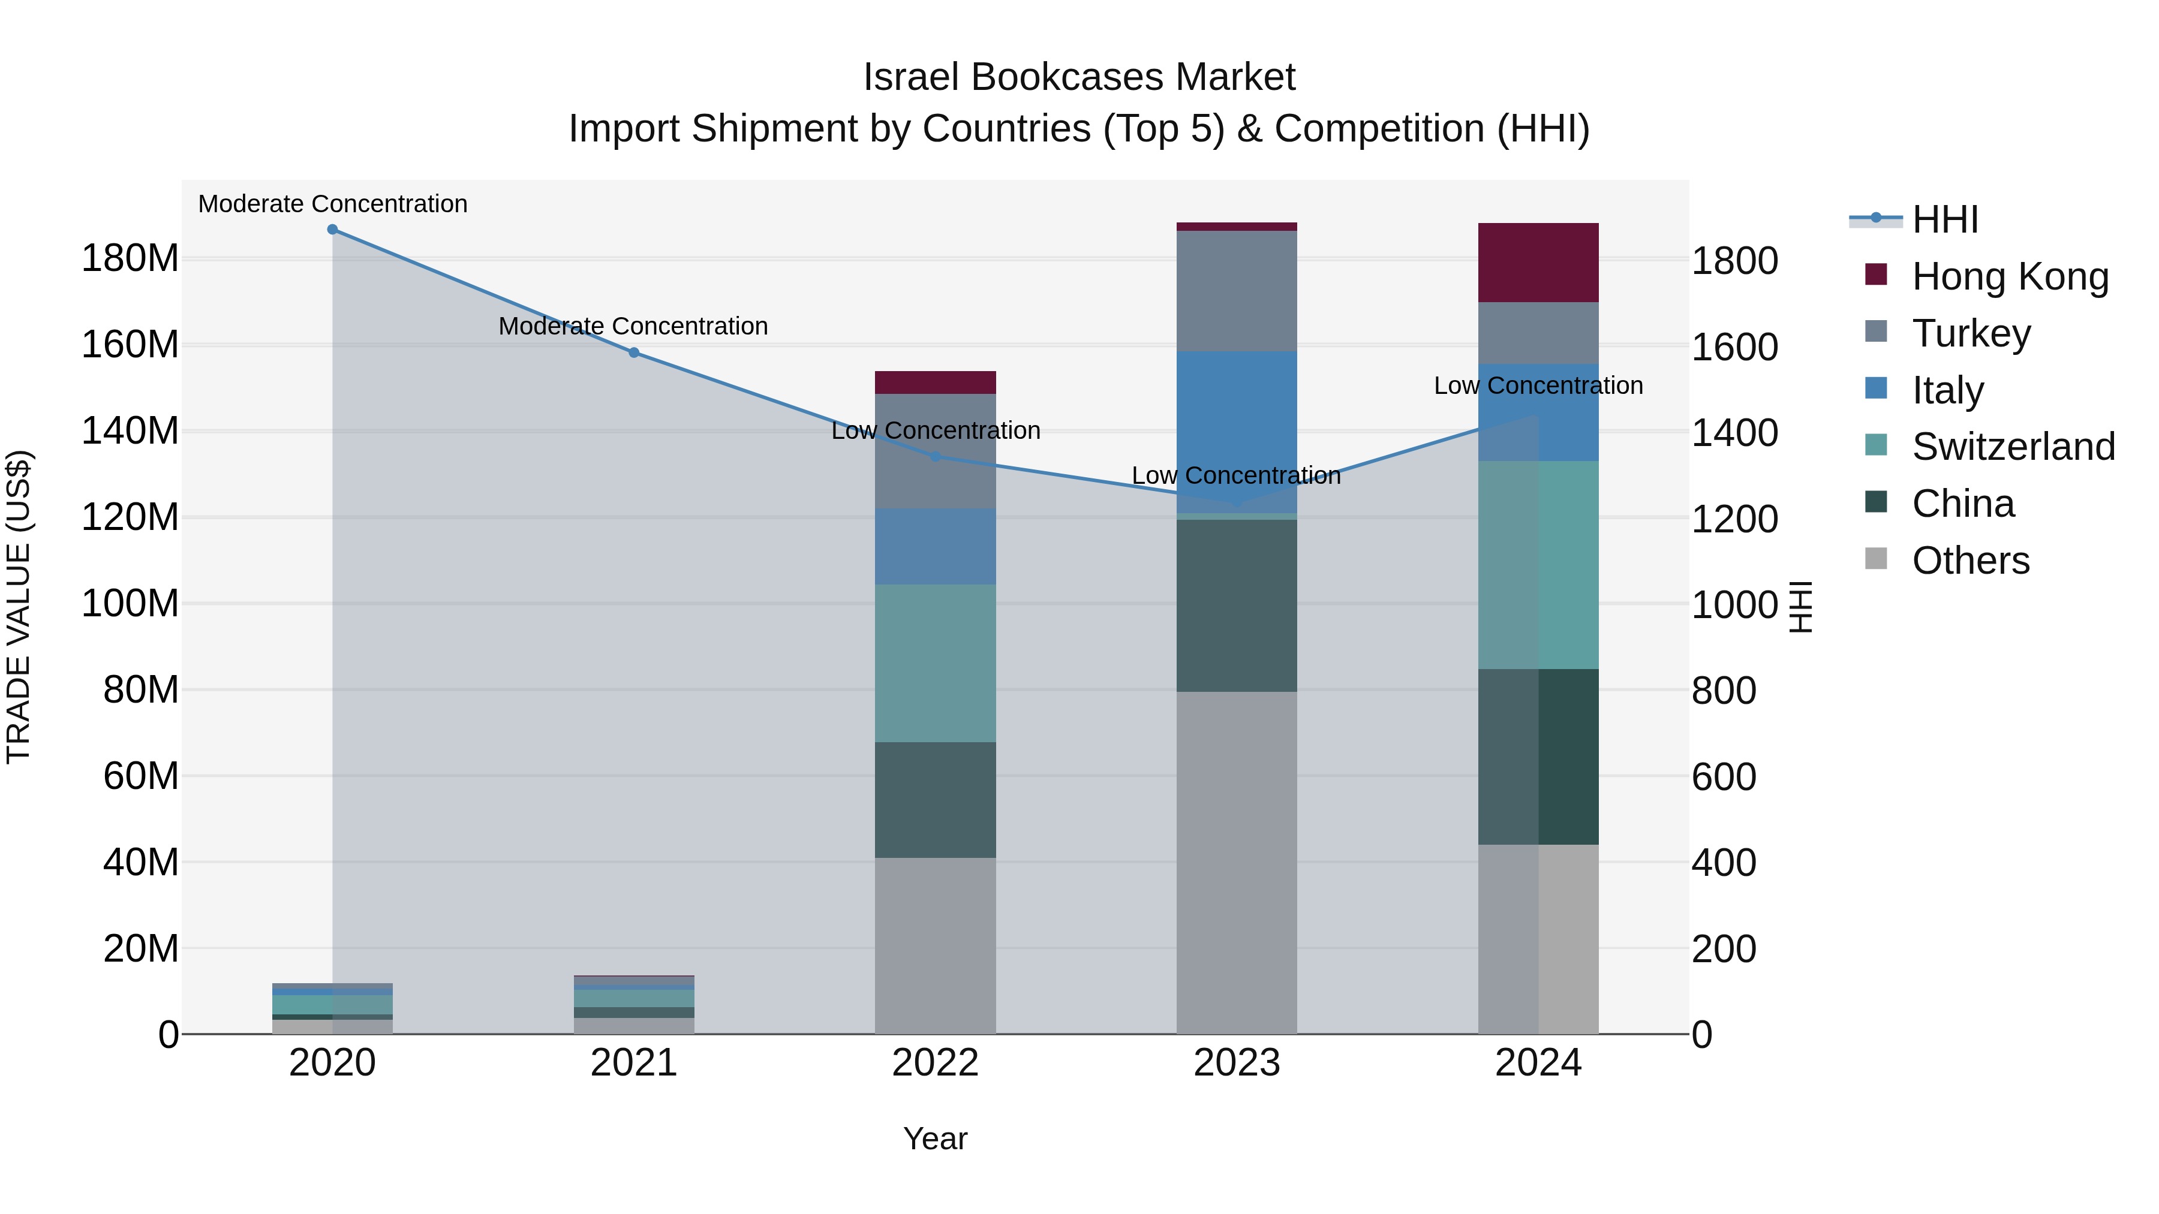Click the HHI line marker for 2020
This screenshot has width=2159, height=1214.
coord(333,230)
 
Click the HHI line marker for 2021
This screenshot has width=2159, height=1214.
coord(634,353)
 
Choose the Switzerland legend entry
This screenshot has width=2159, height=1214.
coord(2012,447)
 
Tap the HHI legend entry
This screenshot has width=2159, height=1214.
coord(1944,219)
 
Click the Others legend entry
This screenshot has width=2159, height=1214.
coord(1969,561)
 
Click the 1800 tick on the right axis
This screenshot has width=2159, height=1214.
coord(1734,261)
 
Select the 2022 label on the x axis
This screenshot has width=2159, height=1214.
coord(936,1063)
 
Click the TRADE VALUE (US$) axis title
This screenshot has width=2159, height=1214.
coord(19,607)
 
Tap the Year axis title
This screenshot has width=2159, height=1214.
coord(936,1138)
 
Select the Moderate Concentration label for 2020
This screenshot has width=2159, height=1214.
coord(333,204)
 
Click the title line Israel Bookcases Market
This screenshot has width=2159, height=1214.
coord(1079,77)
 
